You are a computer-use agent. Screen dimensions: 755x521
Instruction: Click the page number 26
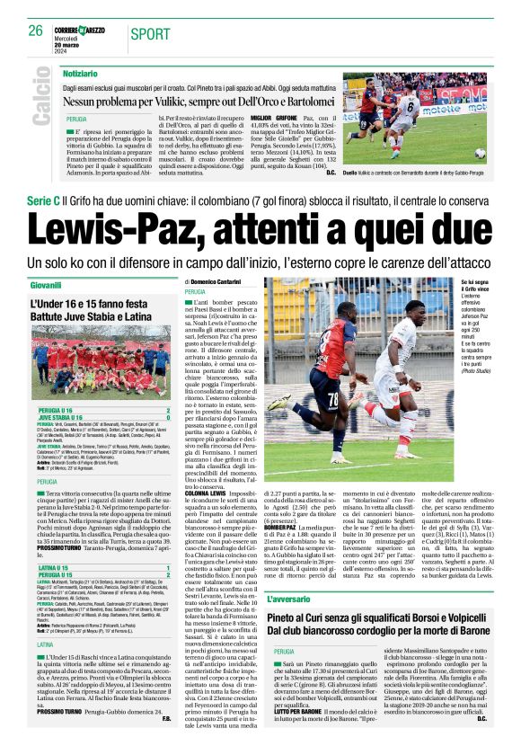37,31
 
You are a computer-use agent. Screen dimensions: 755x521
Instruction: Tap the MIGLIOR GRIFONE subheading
274,118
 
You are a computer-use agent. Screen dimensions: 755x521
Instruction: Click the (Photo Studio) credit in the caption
474,370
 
